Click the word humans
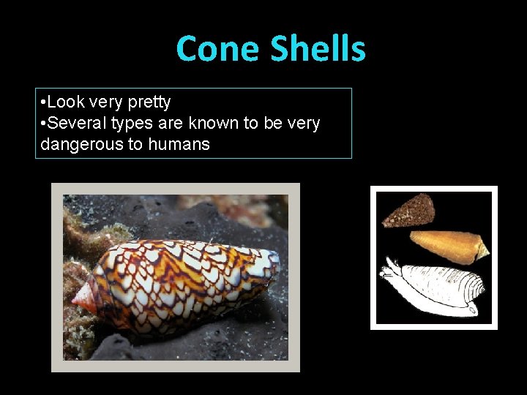[x=179, y=144]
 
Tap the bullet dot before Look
[x=44, y=102]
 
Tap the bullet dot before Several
[x=44, y=123]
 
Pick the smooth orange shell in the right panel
[x=446, y=246]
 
